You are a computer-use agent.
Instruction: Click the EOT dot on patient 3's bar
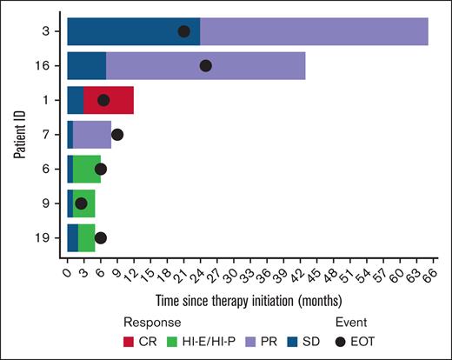tap(183, 31)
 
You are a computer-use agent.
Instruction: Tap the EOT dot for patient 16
tap(205, 65)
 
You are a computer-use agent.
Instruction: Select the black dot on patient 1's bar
tap(103, 100)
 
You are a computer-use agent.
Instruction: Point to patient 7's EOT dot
tap(117, 134)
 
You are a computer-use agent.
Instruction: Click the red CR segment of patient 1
tap(113, 100)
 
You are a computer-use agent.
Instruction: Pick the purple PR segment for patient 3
tap(313, 31)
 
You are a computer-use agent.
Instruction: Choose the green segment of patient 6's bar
tap(87, 169)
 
